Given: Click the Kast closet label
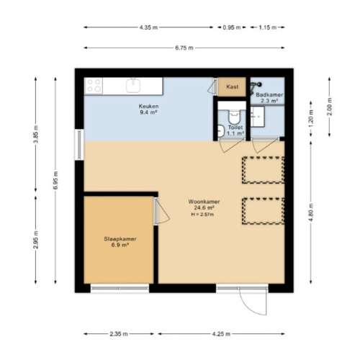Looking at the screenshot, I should (x=232, y=86).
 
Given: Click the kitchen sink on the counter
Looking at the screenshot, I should (x=133, y=86).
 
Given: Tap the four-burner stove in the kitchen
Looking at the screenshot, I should (x=94, y=86).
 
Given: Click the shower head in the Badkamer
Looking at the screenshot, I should (x=258, y=84).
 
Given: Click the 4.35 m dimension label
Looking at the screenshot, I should (x=149, y=27).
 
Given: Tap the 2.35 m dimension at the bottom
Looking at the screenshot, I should (x=120, y=334).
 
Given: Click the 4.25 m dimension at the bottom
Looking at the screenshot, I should (x=221, y=334).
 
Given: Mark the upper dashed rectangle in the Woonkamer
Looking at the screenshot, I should (x=263, y=168).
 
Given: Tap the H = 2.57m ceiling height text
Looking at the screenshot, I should (x=204, y=215).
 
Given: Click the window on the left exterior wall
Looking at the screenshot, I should (x=79, y=144).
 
